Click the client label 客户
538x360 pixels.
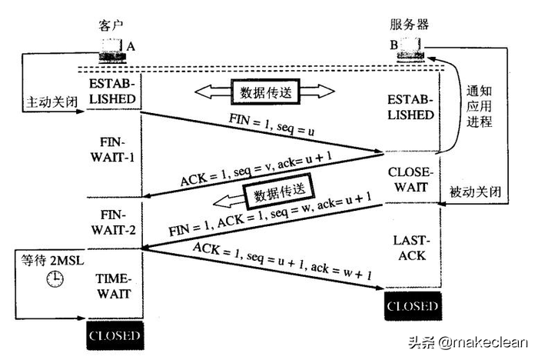click(112, 25)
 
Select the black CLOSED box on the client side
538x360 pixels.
click(115, 335)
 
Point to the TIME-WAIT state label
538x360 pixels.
click(114, 285)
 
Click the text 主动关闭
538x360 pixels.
click(52, 101)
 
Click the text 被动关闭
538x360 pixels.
click(477, 191)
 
